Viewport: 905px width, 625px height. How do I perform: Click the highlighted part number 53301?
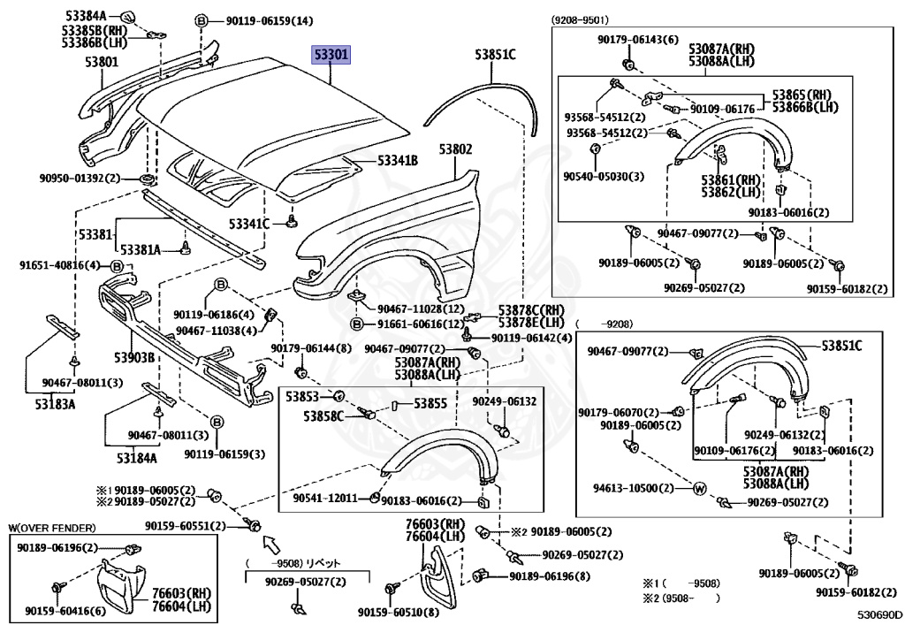331,56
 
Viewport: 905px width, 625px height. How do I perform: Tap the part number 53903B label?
133,357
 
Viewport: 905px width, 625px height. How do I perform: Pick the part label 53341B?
398,161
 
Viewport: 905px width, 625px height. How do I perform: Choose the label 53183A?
55,404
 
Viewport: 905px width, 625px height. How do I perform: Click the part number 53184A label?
136,458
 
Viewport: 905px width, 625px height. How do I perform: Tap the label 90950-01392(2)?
79,178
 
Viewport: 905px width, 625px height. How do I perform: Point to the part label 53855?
431,403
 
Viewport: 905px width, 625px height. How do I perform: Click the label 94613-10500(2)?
632,488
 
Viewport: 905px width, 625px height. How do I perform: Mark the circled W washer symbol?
698,488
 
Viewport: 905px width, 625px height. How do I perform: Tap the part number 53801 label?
102,62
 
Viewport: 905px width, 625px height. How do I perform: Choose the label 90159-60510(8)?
398,613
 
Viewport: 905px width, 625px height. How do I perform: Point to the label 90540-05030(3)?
604,176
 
